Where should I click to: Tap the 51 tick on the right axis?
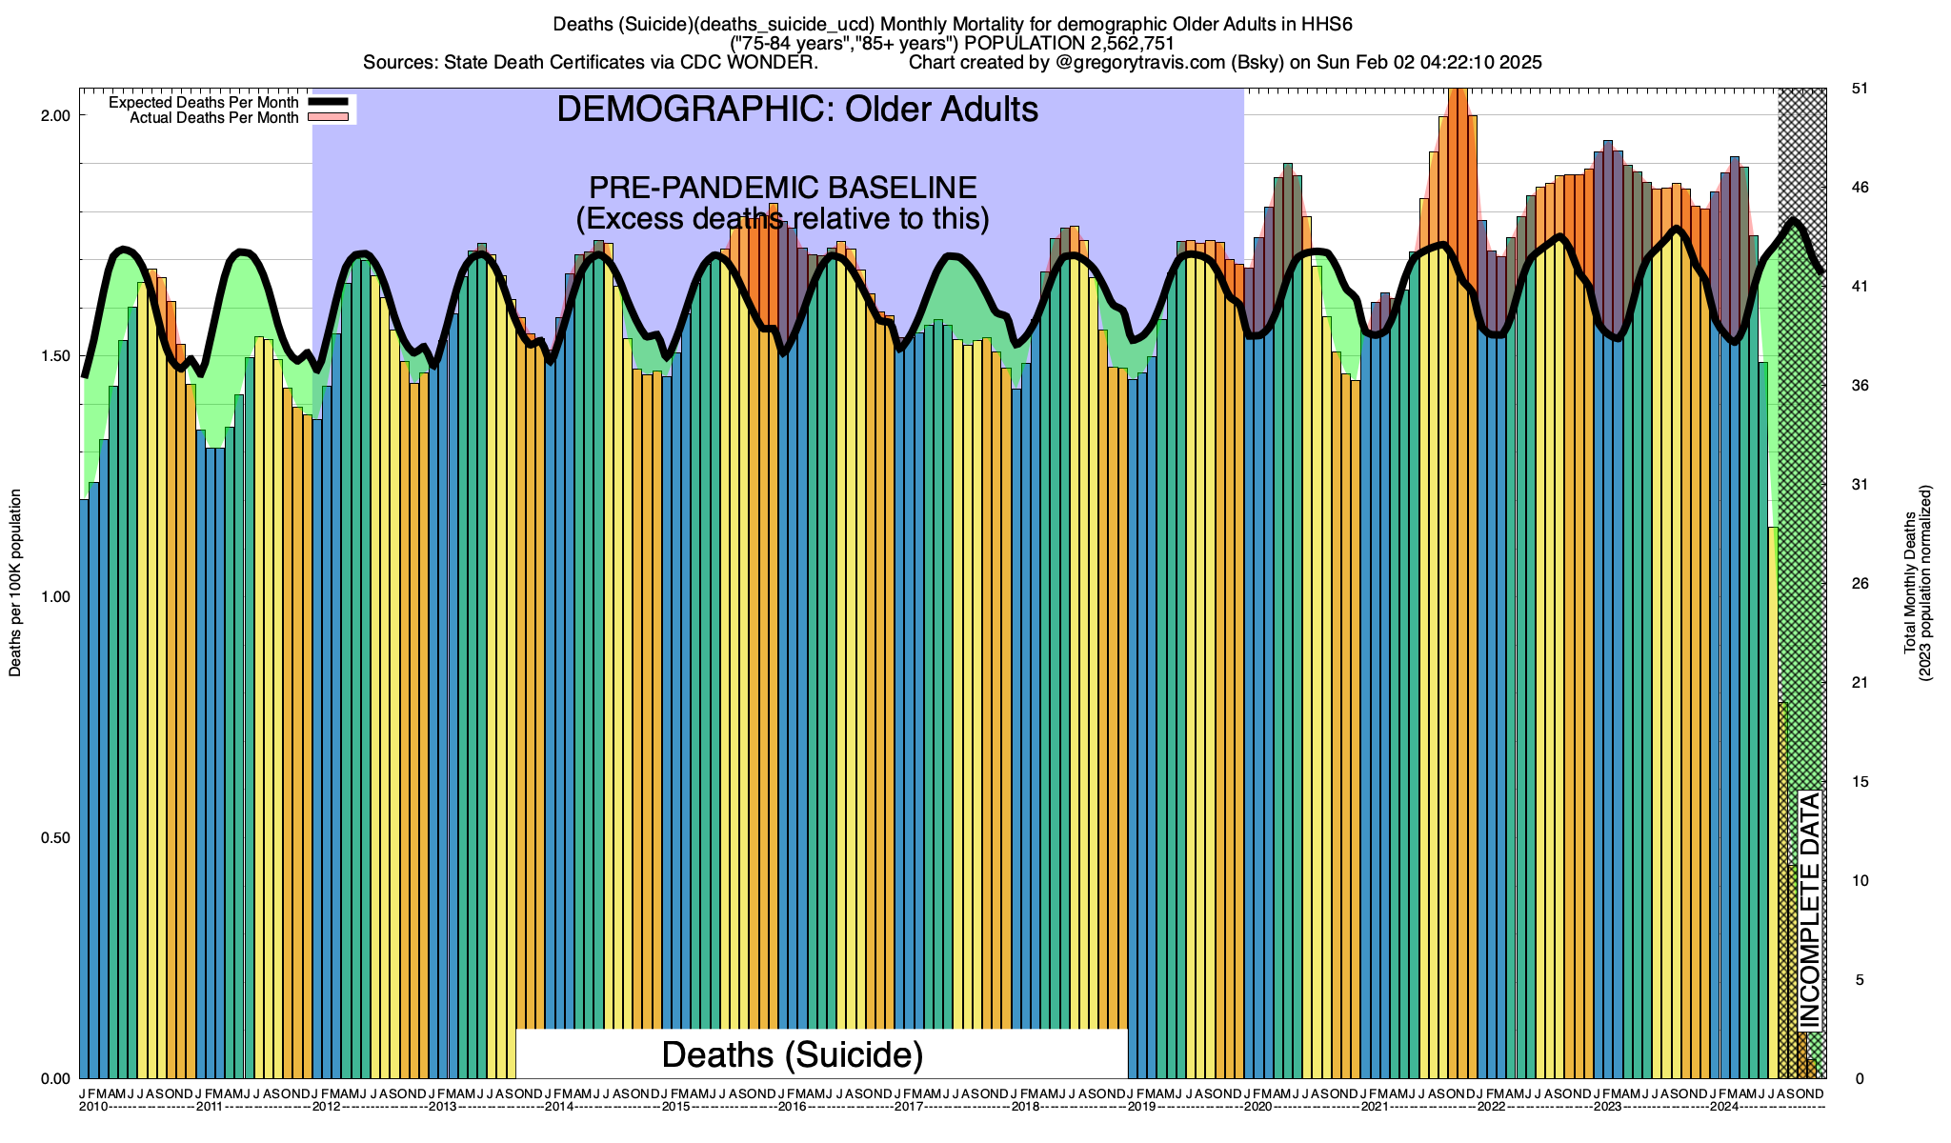1859,89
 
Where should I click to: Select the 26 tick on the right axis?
1859,584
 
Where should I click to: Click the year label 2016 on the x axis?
792,1107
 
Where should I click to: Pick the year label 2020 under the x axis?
1257,1107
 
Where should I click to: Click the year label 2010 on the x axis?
93,1107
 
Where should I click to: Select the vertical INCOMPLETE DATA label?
1809,910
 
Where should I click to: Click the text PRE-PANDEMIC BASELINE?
782,188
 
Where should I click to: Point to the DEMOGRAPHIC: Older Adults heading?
796,110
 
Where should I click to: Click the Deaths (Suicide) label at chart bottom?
792,1054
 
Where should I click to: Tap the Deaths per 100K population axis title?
15,583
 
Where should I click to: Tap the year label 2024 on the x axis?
1723,1107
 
